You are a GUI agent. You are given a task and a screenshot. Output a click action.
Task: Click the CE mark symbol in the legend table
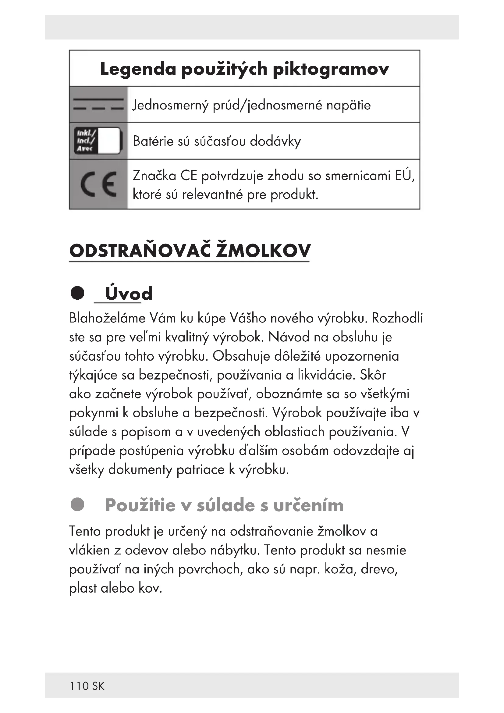point(98,184)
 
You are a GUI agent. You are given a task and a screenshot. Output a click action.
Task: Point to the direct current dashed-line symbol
point(98,104)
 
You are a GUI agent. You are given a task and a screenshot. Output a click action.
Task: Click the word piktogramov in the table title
point(331,69)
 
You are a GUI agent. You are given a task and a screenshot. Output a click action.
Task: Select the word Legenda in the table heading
point(138,69)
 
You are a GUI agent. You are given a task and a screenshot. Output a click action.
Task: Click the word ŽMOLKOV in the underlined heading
point(263,251)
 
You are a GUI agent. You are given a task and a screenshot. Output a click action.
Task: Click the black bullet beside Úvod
point(77,293)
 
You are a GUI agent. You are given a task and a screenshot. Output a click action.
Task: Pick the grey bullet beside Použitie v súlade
point(77,504)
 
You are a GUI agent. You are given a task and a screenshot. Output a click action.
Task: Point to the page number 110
point(79,686)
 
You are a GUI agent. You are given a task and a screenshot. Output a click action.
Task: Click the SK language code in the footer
point(98,686)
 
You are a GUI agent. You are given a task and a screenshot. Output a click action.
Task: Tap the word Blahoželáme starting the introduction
point(107,318)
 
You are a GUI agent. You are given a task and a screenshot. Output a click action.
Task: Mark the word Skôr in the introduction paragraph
point(373,375)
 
